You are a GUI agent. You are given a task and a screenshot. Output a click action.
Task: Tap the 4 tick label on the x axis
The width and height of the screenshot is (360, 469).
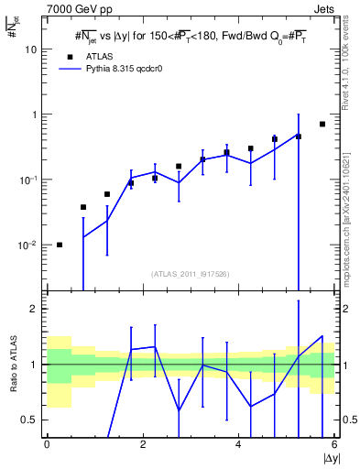pyautogui.click(x=238, y=444)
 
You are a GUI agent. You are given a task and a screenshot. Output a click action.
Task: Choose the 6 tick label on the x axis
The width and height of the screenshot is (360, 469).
pyautogui.click(x=333, y=444)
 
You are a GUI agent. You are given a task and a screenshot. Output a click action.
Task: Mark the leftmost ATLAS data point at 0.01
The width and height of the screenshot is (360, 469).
pyautogui.click(x=60, y=245)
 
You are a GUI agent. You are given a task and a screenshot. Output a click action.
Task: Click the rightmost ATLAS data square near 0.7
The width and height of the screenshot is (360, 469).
pyautogui.click(x=322, y=124)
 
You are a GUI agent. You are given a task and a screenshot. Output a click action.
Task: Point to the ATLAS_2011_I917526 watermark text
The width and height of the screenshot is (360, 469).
pyautogui.click(x=191, y=274)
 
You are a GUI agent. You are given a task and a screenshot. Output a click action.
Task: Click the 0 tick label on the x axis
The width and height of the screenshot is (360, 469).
pyautogui.click(x=47, y=444)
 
